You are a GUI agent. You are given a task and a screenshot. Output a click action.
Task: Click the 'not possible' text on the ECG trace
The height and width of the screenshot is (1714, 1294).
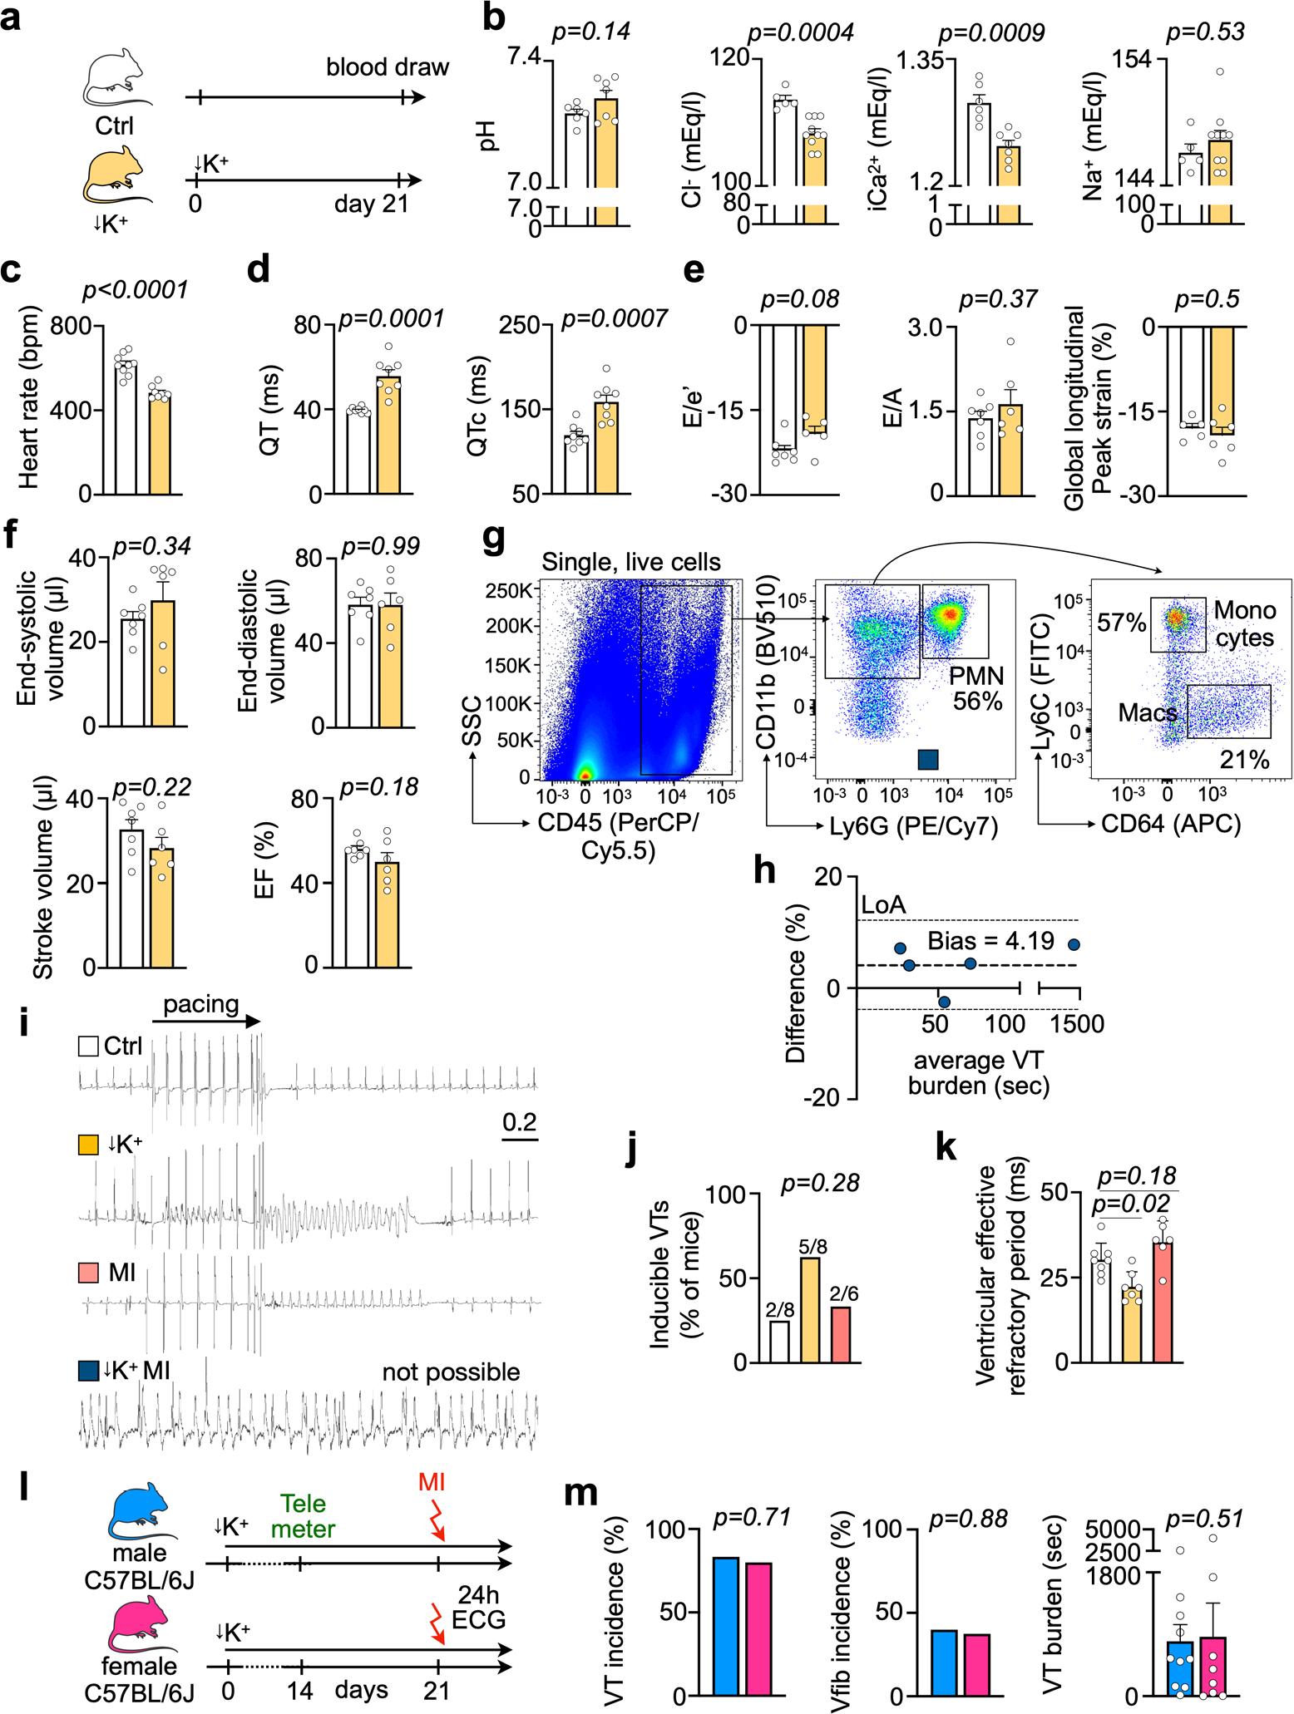coord(451,1372)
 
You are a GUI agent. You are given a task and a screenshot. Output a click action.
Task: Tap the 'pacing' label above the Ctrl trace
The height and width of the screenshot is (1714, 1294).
coord(201,1003)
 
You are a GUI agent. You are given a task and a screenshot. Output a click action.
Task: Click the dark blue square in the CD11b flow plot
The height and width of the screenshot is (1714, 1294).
coord(928,759)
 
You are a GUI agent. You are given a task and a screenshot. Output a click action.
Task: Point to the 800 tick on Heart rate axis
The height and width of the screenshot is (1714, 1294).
coord(82,326)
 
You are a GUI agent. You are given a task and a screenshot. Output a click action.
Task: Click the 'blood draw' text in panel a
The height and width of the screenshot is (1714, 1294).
coord(388,66)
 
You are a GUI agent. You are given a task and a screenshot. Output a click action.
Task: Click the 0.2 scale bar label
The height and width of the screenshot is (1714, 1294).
coord(520,1121)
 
